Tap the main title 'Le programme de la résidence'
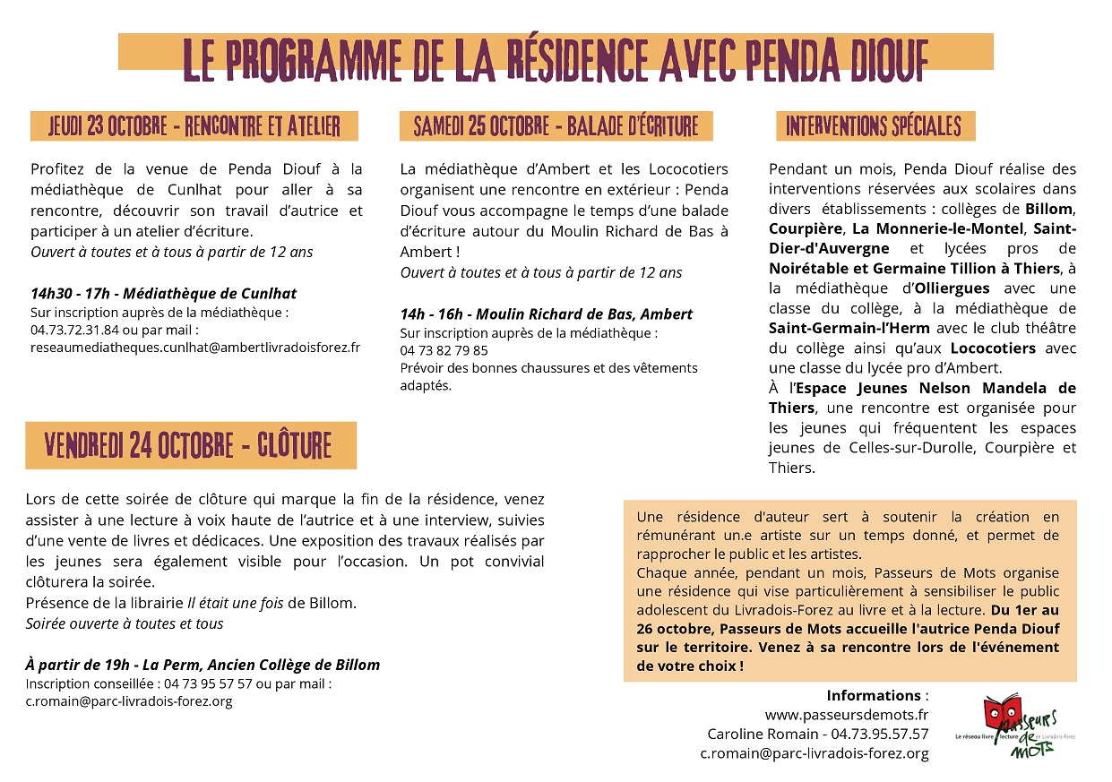point(556,58)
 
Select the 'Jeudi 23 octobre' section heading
point(194,126)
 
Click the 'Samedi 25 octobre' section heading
point(556,126)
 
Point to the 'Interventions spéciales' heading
point(874,126)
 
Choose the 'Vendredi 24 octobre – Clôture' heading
point(189,445)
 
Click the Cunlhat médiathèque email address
point(195,347)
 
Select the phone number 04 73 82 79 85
point(444,350)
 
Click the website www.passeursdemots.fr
point(846,715)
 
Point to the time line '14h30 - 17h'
point(72,294)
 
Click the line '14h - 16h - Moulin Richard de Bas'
point(547,314)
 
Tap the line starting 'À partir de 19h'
point(203,665)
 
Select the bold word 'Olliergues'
point(951,288)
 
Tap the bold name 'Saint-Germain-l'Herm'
point(849,327)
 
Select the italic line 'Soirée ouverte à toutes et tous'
point(125,623)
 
